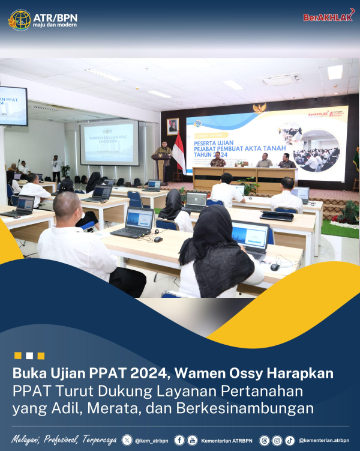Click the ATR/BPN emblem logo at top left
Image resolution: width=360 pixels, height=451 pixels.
point(19,20)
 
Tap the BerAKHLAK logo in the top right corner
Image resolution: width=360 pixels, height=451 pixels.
point(328,17)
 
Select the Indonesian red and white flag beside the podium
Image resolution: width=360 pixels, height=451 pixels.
point(178,154)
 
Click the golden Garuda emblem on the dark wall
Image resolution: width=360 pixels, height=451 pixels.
point(259,108)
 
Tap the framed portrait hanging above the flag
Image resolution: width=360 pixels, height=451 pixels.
point(173,126)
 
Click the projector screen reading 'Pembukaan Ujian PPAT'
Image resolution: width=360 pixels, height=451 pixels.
point(109,143)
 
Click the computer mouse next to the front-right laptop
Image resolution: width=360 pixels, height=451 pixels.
point(275,267)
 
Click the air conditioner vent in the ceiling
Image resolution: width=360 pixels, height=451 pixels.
point(281,79)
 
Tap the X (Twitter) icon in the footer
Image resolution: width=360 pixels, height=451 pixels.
point(127,440)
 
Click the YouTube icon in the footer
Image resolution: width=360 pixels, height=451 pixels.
point(192,440)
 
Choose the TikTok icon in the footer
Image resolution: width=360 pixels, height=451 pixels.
point(290,440)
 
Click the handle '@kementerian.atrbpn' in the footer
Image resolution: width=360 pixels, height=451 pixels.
point(323,440)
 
